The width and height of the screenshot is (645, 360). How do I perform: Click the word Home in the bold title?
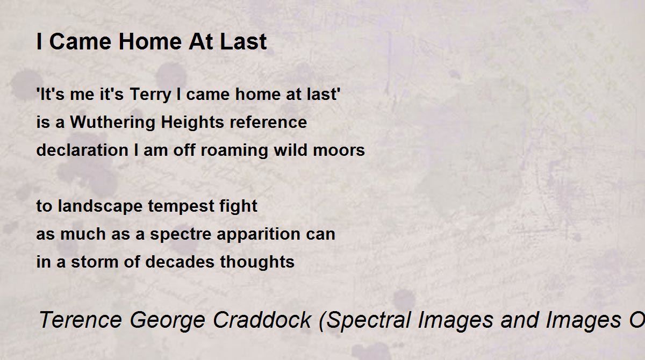coord(150,42)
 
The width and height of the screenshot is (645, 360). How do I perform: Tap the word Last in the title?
coord(243,42)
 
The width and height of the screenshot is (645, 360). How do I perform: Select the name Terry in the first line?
coord(150,95)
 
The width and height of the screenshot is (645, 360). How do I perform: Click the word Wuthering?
coord(112,123)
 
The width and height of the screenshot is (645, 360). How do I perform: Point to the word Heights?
coord(192,123)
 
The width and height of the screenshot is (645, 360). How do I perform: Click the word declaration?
coord(82,150)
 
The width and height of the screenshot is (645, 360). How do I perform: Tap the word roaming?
coord(234,151)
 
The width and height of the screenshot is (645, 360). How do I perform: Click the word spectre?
coord(181,234)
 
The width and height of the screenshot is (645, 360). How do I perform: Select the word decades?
coord(180,262)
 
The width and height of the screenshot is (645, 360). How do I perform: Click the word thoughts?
coord(257,262)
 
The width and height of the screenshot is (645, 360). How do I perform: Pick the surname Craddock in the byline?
coord(262,320)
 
